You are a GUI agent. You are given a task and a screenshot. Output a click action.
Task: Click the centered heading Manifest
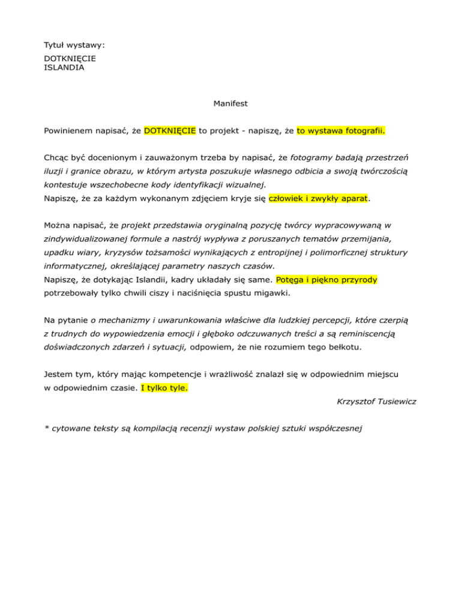coord(230,103)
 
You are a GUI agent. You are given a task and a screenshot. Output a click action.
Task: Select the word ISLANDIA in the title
coord(64,68)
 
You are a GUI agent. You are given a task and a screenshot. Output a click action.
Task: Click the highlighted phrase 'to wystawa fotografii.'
coord(340,130)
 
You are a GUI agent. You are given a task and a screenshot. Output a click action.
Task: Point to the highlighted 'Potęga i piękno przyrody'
coord(327,280)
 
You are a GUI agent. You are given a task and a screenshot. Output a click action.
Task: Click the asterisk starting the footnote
coord(46,428)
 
